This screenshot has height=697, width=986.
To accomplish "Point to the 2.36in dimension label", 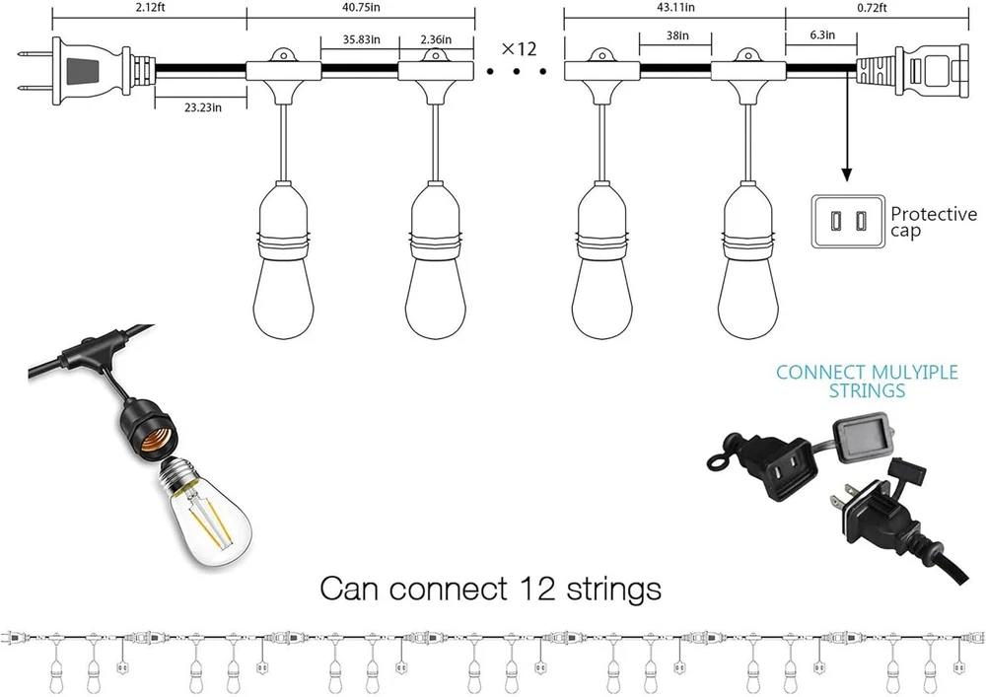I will coord(435,40).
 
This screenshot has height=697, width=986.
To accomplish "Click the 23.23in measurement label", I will coord(199,107).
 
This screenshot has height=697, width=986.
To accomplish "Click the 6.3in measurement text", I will coord(820,35).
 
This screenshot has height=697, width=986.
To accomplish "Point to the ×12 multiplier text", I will coord(519,48).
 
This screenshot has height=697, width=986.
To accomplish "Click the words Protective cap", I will coord(933,222).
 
